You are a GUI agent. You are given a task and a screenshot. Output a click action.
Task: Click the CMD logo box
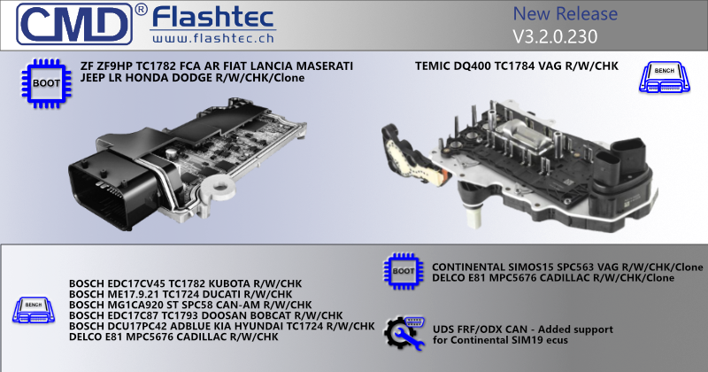tap(74, 24)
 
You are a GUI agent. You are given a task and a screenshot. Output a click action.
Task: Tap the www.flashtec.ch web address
tap(213, 38)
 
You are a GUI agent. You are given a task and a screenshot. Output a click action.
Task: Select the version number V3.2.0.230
tap(555, 36)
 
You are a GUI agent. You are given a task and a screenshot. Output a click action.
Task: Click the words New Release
tap(565, 13)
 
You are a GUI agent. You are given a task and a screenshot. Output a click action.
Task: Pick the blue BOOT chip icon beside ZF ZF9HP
tap(47, 83)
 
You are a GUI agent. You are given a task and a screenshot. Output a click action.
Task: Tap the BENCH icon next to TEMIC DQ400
tap(665, 77)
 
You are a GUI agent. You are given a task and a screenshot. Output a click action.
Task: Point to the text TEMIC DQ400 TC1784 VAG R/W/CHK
tap(517, 66)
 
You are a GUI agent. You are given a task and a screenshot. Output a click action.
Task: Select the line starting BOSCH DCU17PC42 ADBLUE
tap(222, 326)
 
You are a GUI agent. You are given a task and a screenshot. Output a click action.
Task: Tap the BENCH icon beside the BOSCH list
tap(34, 310)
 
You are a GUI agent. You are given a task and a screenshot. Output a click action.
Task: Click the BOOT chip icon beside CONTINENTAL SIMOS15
tap(404, 271)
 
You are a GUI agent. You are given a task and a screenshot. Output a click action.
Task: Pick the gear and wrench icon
tap(404, 333)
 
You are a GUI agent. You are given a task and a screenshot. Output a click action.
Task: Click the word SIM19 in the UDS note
tap(528, 340)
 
